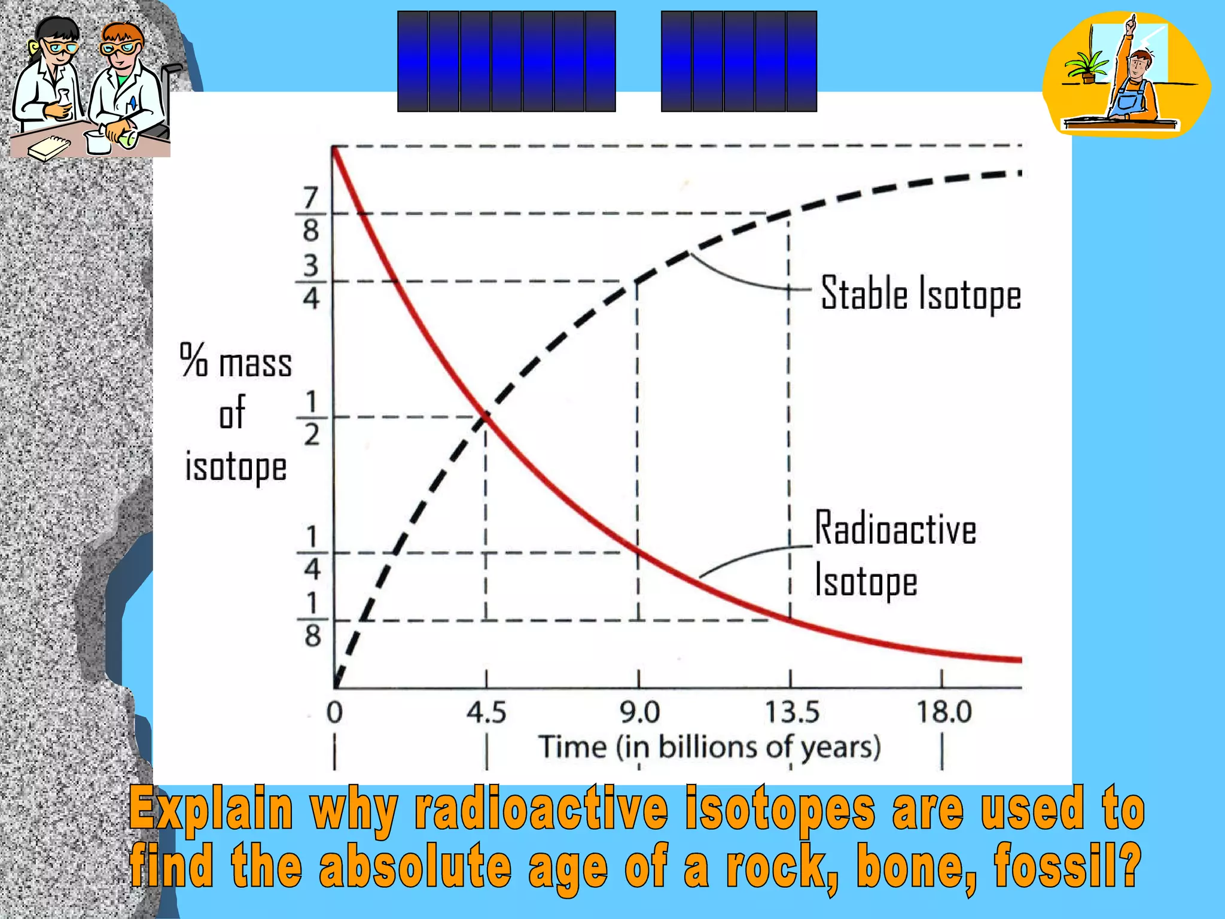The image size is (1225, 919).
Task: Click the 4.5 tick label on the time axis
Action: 486,713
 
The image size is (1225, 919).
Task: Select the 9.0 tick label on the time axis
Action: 639,713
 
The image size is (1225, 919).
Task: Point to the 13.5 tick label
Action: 792,713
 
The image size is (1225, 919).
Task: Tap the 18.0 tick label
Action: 944,713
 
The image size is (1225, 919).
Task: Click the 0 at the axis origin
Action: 334,713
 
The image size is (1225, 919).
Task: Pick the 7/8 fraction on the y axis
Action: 310,214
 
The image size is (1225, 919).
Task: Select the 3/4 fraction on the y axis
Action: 310,281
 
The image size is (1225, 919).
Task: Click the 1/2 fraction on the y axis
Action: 312,418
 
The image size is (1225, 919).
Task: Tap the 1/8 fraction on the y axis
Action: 312,620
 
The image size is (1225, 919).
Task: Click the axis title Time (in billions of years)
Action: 710,747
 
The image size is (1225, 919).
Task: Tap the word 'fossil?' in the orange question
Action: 1067,866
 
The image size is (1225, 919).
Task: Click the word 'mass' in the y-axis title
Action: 255,363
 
